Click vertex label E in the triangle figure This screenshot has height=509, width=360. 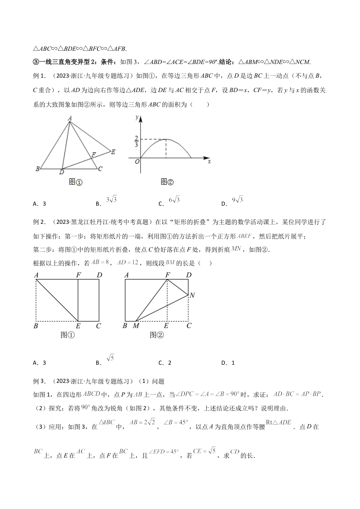[113, 151]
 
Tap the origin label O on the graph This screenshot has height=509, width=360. [137, 161]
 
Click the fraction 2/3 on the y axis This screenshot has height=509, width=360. [136, 141]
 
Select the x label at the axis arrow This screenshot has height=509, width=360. [209, 161]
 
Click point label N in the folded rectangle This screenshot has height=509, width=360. [192, 295]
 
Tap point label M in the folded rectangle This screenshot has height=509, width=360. [136, 325]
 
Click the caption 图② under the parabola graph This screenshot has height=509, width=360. [167, 182]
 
